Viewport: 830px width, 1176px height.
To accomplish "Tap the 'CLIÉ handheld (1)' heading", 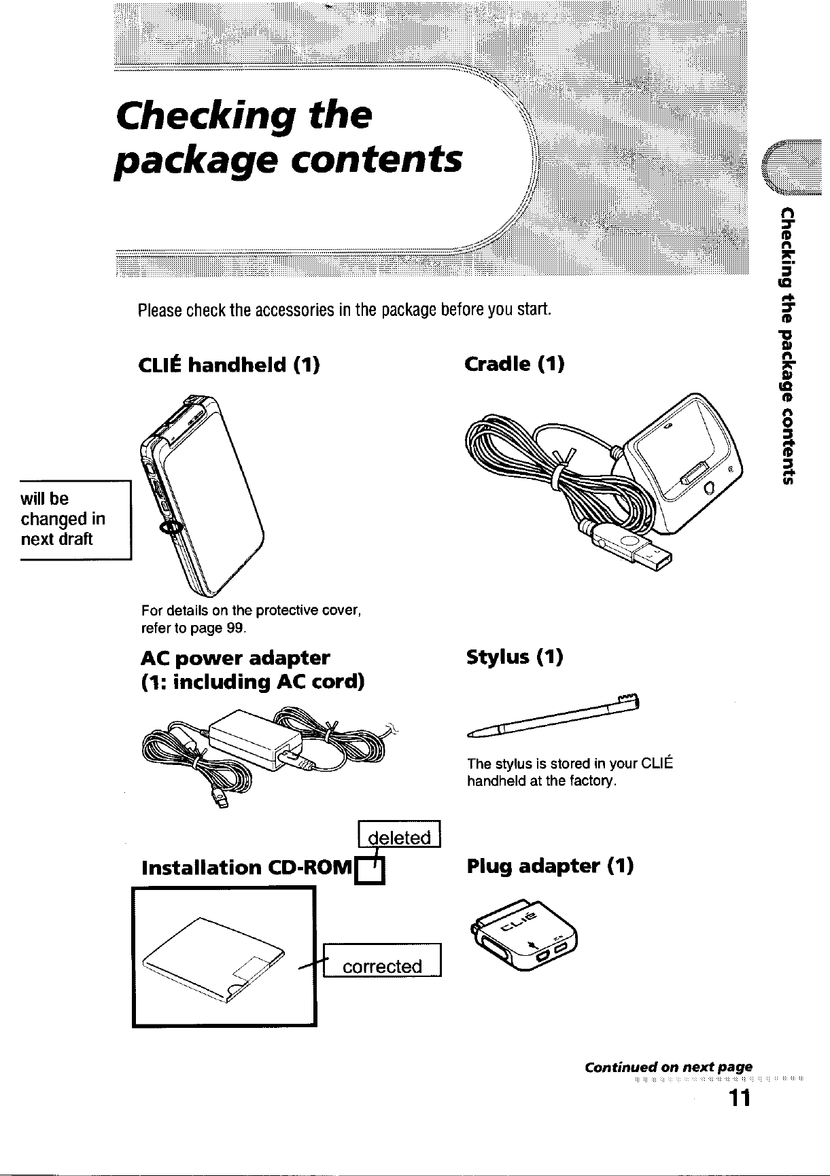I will click(x=228, y=366).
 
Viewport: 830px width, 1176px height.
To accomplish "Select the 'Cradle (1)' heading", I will click(x=514, y=365).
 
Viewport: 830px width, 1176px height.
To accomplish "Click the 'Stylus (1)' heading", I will click(x=515, y=658).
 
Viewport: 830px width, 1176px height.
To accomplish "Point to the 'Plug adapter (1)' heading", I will click(x=550, y=866).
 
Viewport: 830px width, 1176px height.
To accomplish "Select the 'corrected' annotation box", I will click(x=382, y=965).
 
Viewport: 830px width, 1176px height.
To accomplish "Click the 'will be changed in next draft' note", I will click(x=65, y=519).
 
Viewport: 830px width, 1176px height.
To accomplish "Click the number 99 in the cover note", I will click(x=235, y=628).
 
